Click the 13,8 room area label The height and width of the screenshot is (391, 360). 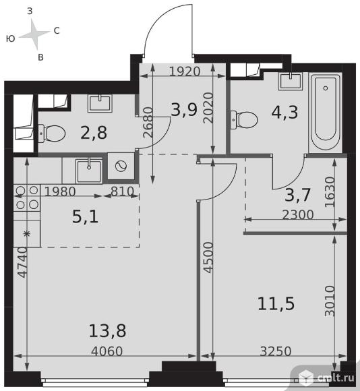107,331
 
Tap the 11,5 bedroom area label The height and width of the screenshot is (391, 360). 276,304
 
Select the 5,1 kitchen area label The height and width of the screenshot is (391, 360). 85,216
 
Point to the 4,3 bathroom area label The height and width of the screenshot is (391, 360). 284,112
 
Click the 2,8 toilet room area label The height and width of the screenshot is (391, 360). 94,133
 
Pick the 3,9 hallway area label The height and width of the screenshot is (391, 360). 184,110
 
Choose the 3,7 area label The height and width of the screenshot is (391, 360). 297,195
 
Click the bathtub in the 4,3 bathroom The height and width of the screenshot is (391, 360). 325,112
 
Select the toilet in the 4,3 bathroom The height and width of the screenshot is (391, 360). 244,120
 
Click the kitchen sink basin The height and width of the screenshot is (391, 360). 89,171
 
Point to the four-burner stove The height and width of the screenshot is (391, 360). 27,198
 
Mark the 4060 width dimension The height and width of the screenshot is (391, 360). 107,351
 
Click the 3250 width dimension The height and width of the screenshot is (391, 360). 276,351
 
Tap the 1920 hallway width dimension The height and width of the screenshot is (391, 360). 185,71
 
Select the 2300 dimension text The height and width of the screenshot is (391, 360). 298,214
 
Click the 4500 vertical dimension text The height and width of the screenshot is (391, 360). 208,258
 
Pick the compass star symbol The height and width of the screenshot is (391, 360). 34,34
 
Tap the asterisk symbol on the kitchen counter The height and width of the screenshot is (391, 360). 27,234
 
